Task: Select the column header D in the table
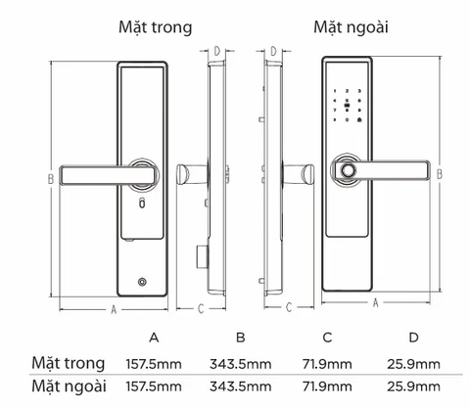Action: pyautogui.click(x=413, y=338)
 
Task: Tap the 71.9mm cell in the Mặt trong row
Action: pyautogui.click(x=328, y=364)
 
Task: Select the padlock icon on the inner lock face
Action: pyautogui.click(x=143, y=205)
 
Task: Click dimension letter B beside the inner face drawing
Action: pyautogui.click(x=48, y=178)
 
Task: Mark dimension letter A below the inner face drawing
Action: pyautogui.click(x=114, y=310)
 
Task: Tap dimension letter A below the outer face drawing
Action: pyautogui.click(x=376, y=304)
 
